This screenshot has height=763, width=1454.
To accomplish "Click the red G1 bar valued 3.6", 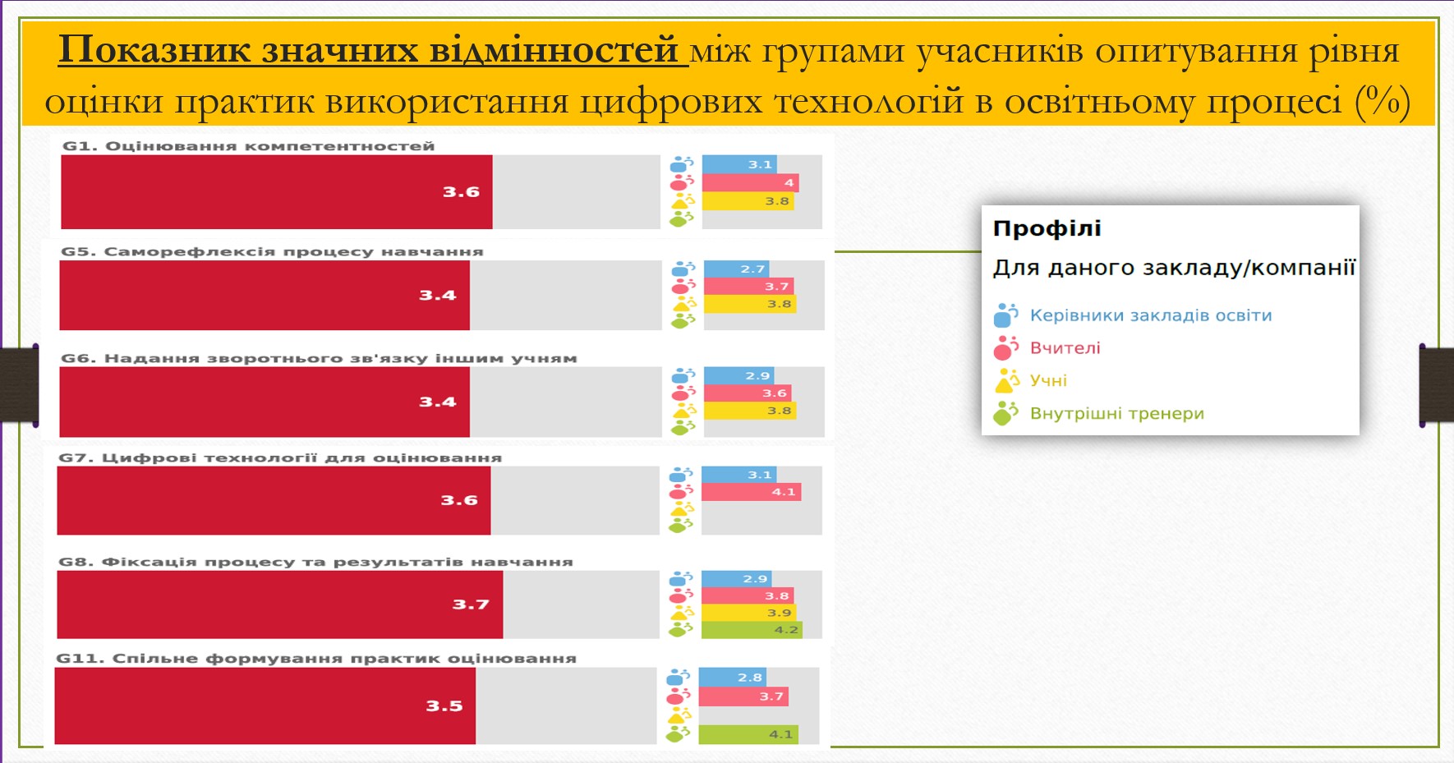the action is pyautogui.click(x=277, y=192).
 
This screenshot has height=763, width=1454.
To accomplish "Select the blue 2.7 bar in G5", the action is pyautogui.click(x=737, y=269).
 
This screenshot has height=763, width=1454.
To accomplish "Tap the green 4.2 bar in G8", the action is pyautogui.click(x=751, y=630).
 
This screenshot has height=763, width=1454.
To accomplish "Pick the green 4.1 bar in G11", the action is pyautogui.click(x=748, y=734).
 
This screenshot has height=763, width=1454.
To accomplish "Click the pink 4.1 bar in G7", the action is pyautogui.click(x=751, y=492).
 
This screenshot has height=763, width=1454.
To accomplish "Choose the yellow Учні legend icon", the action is pyautogui.click(x=1006, y=381).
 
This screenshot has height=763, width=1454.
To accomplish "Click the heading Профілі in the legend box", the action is pyautogui.click(x=1047, y=228).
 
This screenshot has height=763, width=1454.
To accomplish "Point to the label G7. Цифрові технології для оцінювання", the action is pyautogui.click(x=280, y=457).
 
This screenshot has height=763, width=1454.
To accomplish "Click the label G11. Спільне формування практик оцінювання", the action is pyautogui.click(x=316, y=659).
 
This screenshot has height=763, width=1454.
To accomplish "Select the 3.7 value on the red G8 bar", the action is pyautogui.click(x=471, y=604).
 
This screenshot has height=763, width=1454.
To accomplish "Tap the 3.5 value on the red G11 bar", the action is pyautogui.click(x=444, y=706).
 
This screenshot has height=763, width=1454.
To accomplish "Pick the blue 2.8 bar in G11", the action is pyautogui.click(x=733, y=677).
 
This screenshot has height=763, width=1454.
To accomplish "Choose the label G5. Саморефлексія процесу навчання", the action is pyautogui.click(x=272, y=251).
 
